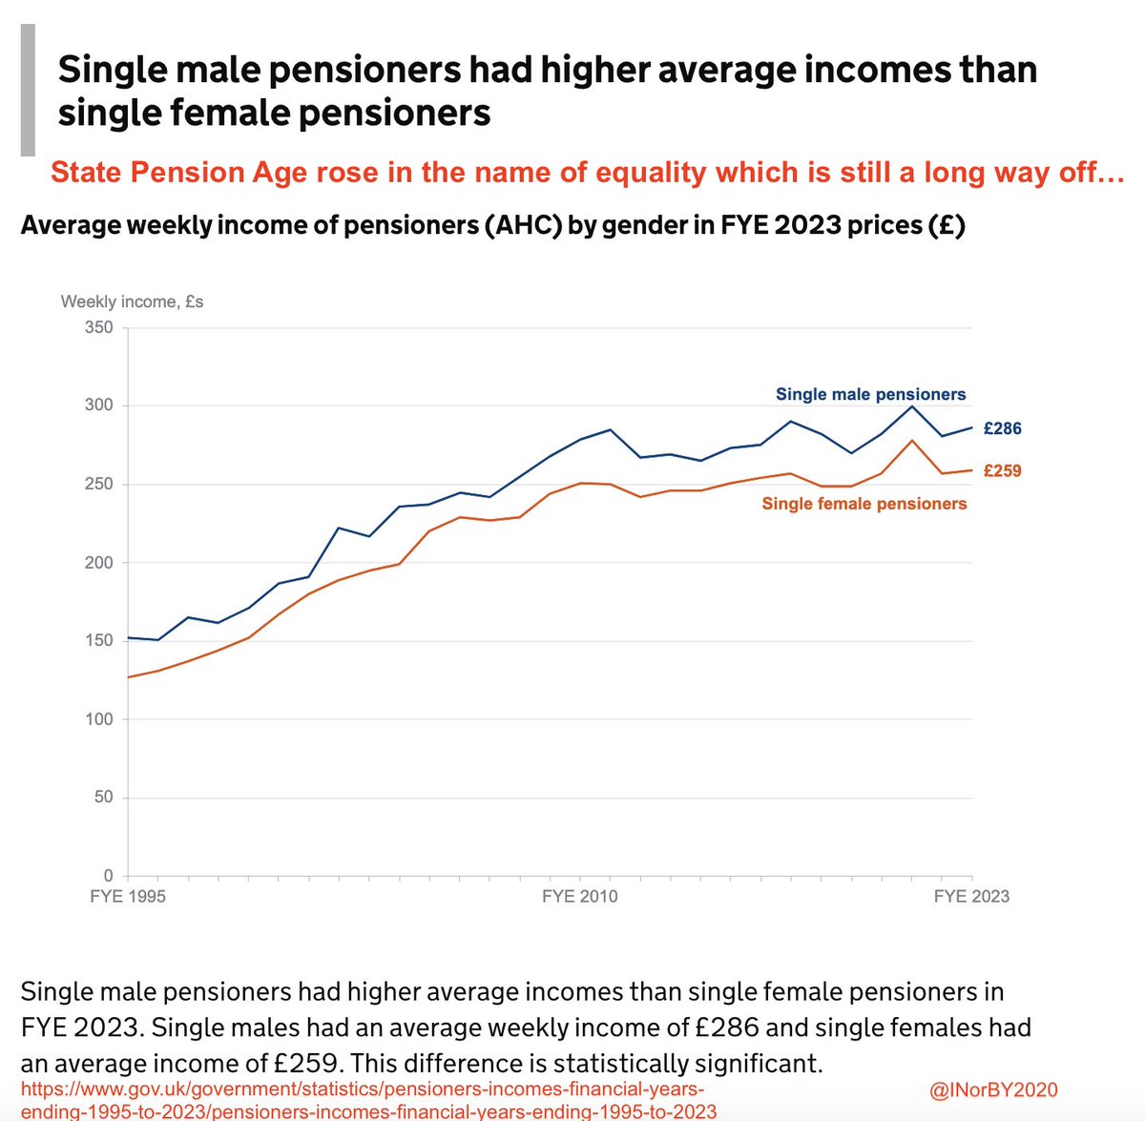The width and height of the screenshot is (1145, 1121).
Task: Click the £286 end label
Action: (x=1002, y=428)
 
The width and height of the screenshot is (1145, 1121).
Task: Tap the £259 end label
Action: (x=1002, y=470)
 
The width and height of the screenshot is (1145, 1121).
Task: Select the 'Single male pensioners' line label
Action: (x=870, y=394)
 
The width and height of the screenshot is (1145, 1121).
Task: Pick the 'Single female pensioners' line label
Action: (x=864, y=504)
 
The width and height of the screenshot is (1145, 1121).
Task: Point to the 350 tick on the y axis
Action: (x=99, y=327)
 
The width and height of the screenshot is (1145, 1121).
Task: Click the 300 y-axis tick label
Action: (x=99, y=405)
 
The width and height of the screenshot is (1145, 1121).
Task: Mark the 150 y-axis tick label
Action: (x=99, y=640)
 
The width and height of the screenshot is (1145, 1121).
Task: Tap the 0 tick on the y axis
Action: (x=108, y=875)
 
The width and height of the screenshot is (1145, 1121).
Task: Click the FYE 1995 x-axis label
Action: (x=128, y=897)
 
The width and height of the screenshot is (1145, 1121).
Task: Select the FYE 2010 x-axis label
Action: (x=579, y=897)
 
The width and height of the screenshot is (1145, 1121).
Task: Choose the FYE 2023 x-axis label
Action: (x=970, y=897)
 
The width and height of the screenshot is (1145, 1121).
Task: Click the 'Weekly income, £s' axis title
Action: (x=132, y=301)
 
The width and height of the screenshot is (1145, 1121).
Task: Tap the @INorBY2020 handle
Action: (x=992, y=1090)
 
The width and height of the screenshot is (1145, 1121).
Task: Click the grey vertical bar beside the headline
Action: (x=28, y=91)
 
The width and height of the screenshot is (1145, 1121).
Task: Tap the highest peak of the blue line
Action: (x=912, y=406)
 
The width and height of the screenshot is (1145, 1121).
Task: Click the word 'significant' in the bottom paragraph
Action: (x=746, y=1063)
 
